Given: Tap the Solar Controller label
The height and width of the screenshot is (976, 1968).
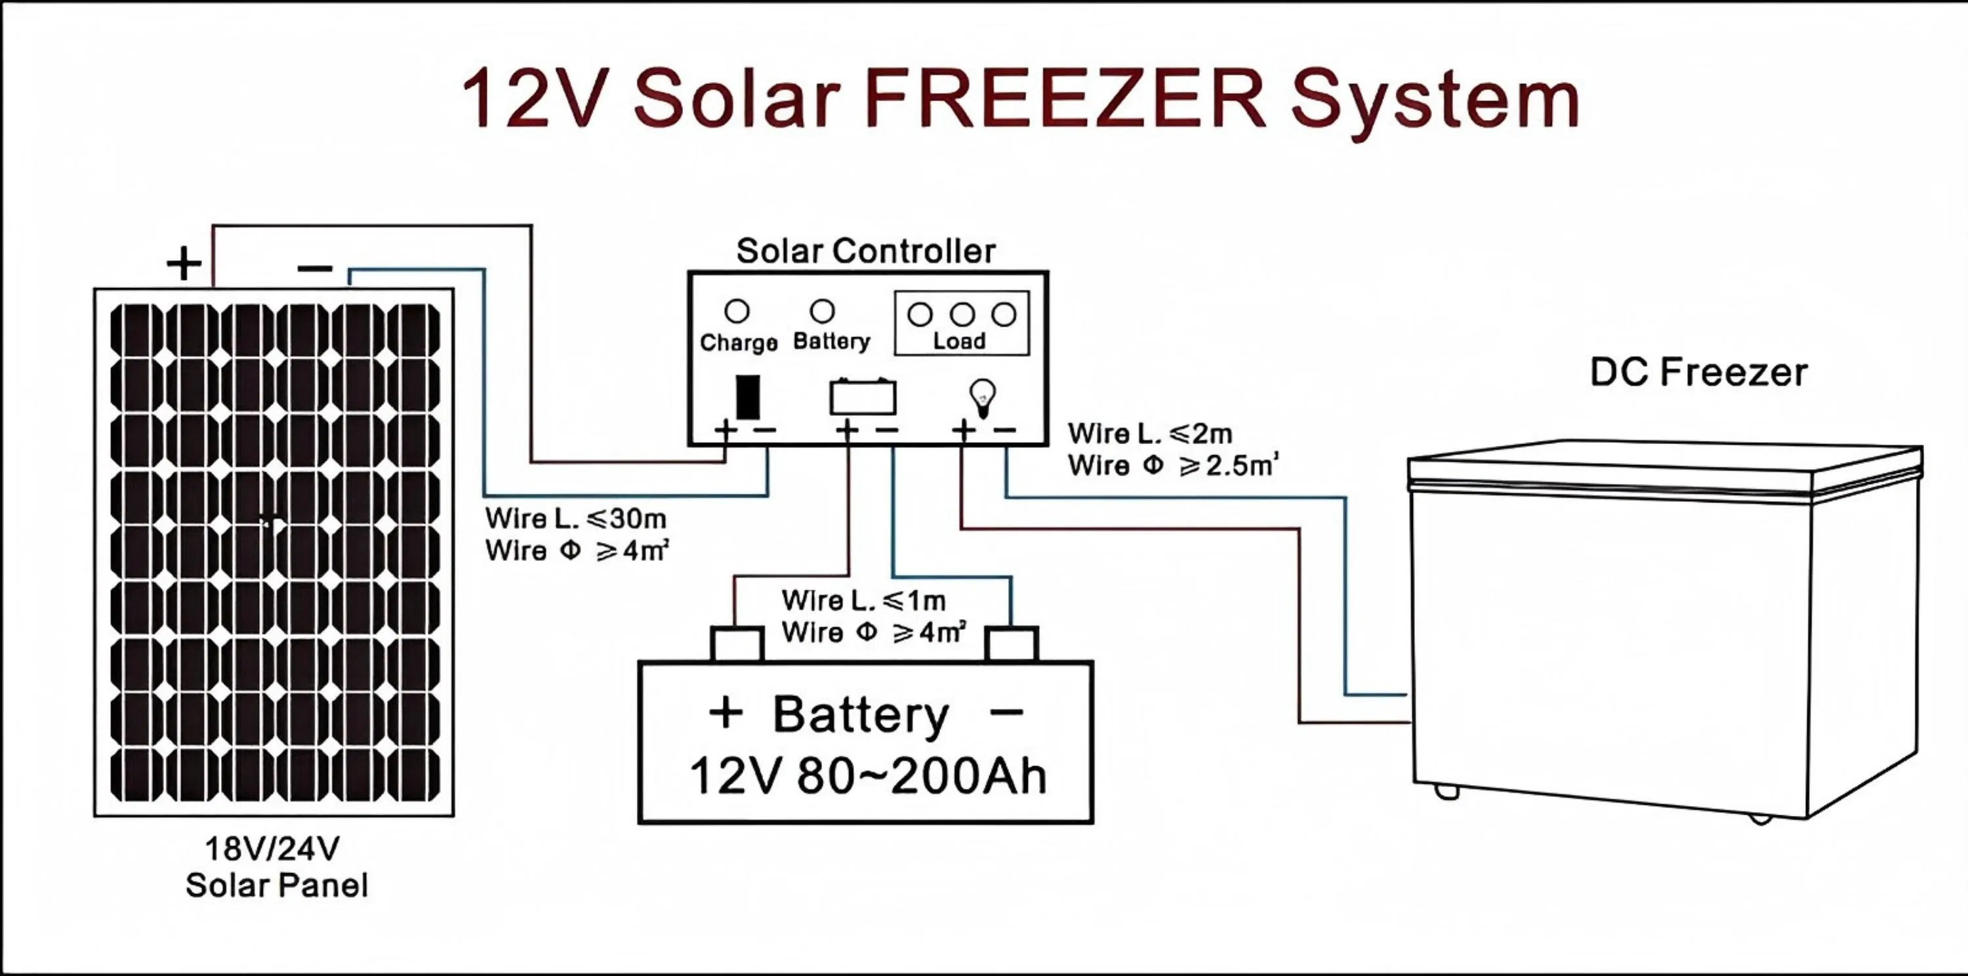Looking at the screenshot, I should (865, 251).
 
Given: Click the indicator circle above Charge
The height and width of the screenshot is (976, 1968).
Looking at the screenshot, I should (737, 311).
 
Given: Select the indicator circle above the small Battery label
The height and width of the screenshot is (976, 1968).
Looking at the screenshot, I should (822, 311).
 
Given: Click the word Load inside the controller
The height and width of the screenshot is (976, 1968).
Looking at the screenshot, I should (960, 340).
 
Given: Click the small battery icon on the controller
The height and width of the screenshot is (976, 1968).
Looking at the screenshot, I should (863, 396).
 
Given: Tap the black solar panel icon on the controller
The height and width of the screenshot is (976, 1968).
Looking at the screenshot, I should (748, 396).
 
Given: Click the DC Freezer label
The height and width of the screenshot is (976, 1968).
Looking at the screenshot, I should (1698, 373).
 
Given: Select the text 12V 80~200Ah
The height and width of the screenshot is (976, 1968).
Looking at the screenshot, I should (868, 777).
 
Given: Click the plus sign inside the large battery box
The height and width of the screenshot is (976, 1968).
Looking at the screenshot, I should (726, 713).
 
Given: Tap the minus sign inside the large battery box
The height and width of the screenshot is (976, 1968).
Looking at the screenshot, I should (1006, 713).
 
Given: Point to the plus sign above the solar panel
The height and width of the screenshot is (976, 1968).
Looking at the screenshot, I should (184, 264).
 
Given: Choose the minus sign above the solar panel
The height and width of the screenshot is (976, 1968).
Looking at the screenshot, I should (315, 268).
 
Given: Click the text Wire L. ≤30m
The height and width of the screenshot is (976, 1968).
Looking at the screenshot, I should (576, 519).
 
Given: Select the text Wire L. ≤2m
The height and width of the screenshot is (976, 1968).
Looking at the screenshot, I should (1151, 434).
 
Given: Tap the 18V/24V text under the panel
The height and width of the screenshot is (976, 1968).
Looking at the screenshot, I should (273, 849).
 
